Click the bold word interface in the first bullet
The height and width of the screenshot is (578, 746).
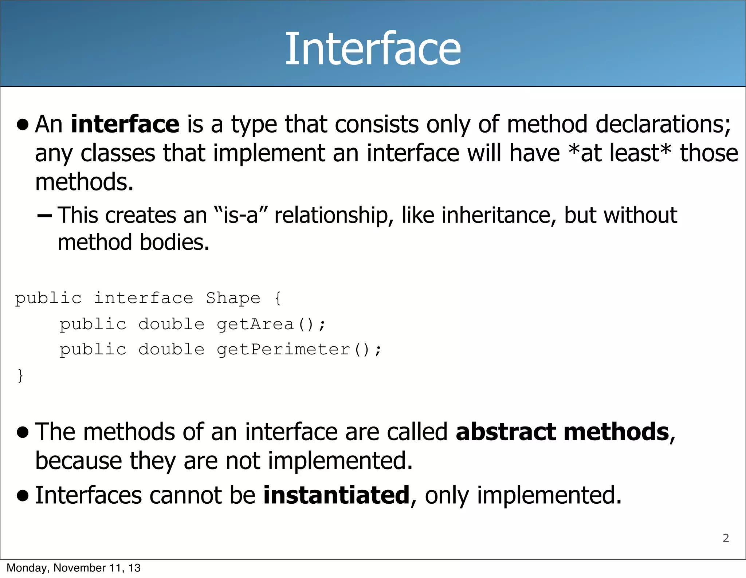click(125, 124)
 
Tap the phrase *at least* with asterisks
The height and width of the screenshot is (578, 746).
click(620, 153)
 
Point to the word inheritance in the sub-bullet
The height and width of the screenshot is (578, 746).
click(499, 215)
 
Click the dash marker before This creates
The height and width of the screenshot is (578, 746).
click(44, 216)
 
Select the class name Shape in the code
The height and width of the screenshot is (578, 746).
click(233, 298)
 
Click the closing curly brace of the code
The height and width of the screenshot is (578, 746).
click(20, 375)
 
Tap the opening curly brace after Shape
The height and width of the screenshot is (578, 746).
click(278, 298)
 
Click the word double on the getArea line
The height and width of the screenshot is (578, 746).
click(172, 324)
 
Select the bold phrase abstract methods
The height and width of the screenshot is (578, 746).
click(562, 432)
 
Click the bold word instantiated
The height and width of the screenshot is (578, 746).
click(337, 495)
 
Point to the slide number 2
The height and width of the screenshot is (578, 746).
click(726, 538)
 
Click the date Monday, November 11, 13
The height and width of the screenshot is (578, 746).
click(74, 568)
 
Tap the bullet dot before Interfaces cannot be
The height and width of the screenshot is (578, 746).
click(23, 496)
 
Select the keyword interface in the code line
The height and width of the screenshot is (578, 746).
click(144, 298)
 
